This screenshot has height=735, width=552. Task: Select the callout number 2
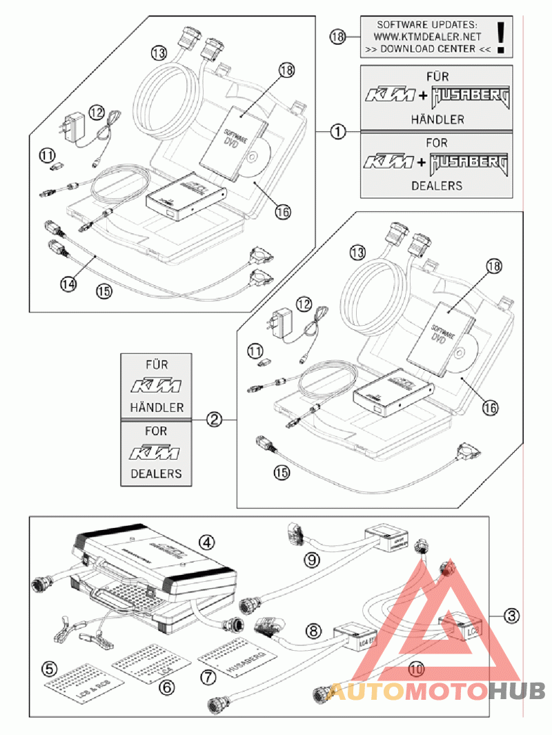[215, 418]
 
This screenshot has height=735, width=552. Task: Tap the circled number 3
[511, 614]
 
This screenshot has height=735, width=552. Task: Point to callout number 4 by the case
[206, 540]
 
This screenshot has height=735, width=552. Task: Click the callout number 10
[415, 668]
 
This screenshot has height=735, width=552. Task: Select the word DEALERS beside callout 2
[156, 473]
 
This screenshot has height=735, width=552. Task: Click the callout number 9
[313, 559]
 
